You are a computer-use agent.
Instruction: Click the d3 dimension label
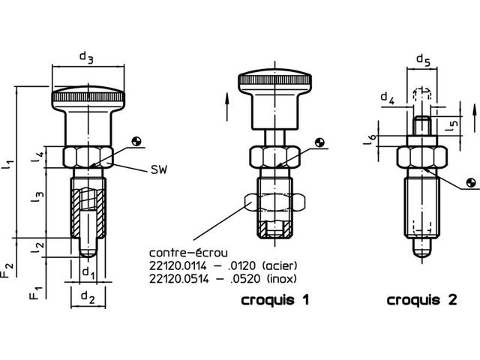pyautogui.click(x=86, y=58)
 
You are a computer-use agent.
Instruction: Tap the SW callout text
pyautogui.click(x=159, y=169)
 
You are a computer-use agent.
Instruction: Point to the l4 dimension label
pyautogui.click(x=38, y=156)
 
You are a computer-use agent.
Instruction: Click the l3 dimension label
pyautogui.click(x=38, y=196)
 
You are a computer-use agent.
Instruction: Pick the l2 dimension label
pyautogui.click(x=38, y=247)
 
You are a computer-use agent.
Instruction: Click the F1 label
pyautogui.click(x=35, y=292)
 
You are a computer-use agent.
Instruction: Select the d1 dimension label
pyautogui.click(x=88, y=273)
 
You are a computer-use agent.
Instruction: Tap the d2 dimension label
pyautogui.click(x=88, y=297)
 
